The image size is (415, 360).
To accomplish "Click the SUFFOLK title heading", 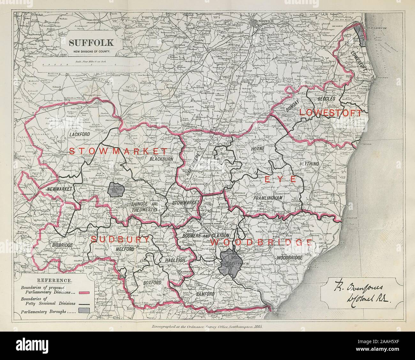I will pyautogui.click(x=89, y=42).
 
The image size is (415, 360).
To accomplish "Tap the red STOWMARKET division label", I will pyautogui.click(x=118, y=151).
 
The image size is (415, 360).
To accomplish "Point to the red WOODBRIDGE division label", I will pyautogui.click(x=261, y=242).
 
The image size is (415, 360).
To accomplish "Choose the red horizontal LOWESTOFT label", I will pyautogui.click(x=331, y=113).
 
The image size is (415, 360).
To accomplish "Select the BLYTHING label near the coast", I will pyautogui.click(x=310, y=164).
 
